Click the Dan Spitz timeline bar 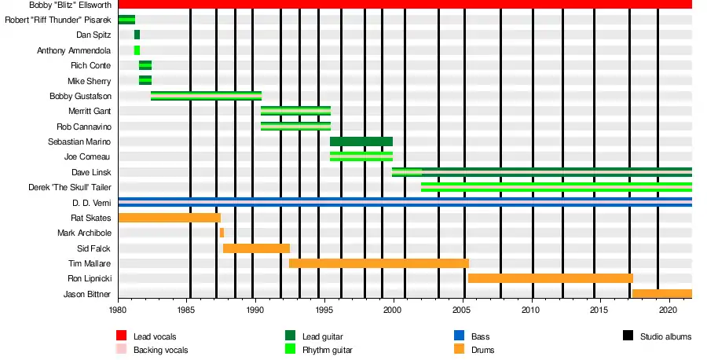pos(137,35)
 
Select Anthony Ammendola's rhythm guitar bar pos(137,50)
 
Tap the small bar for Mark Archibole pos(222,233)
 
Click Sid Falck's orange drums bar pos(256,248)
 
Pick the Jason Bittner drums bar pos(661,294)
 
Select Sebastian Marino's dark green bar pos(361,141)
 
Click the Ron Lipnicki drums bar pos(550,278)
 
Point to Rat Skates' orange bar pos(169,218)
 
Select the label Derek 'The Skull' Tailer pos(69,188)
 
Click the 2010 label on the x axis pos(532,310)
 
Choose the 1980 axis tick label pos(118,310)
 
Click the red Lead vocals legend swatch pos(122,336)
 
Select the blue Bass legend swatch pos(460,336)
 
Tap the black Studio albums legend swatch pos(628,336)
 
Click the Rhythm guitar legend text pos(327,350)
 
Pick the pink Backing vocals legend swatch pos(122,350)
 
